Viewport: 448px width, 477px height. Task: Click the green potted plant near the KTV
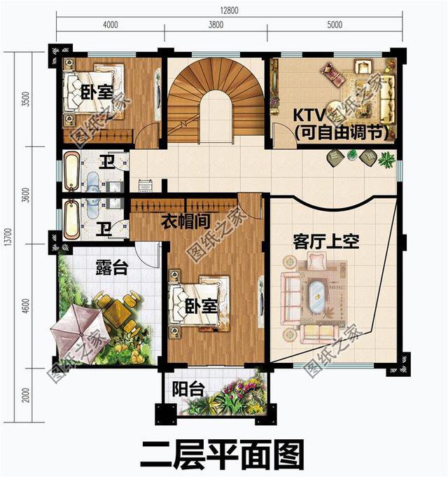click(385, 160)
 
